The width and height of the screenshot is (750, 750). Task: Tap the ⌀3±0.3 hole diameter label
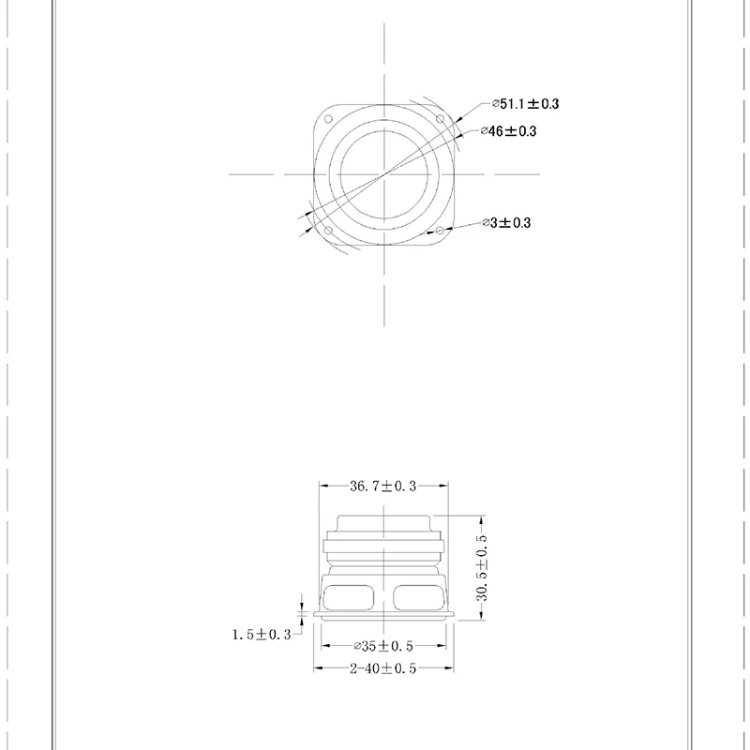[x=506, y=222]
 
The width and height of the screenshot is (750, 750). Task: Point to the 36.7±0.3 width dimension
[x=382, y=486]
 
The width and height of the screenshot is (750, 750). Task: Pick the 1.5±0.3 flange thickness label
[x=262, y=635]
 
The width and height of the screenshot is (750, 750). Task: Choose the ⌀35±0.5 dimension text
[x=382, y=646]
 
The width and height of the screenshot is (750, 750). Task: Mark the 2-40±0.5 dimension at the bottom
[x=382, y=667]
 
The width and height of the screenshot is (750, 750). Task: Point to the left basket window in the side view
[x=352, y=597]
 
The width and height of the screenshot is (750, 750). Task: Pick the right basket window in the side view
[x=415, y=597]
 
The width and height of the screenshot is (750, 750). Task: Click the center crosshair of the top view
[x=383, y=174]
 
